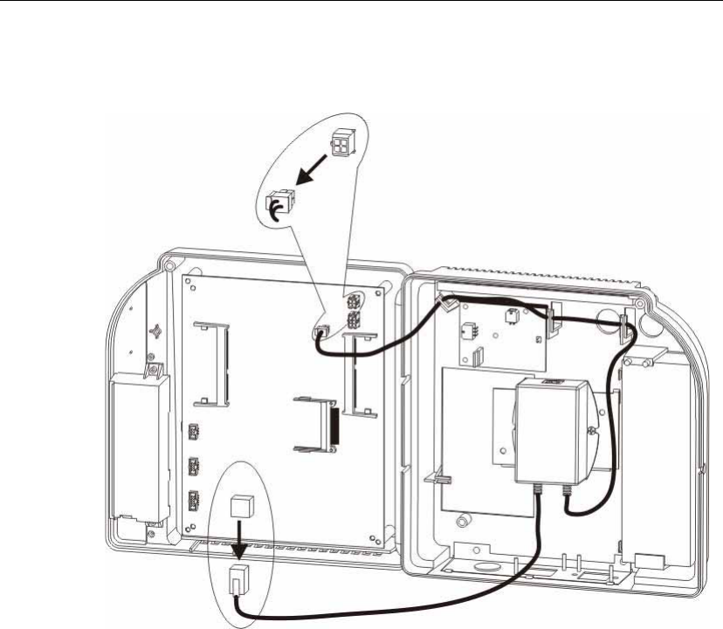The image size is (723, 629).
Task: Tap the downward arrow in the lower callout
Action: [237, 537]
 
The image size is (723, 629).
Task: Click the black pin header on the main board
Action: [333, 422]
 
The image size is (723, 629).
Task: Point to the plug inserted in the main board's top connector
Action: [320, 332]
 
